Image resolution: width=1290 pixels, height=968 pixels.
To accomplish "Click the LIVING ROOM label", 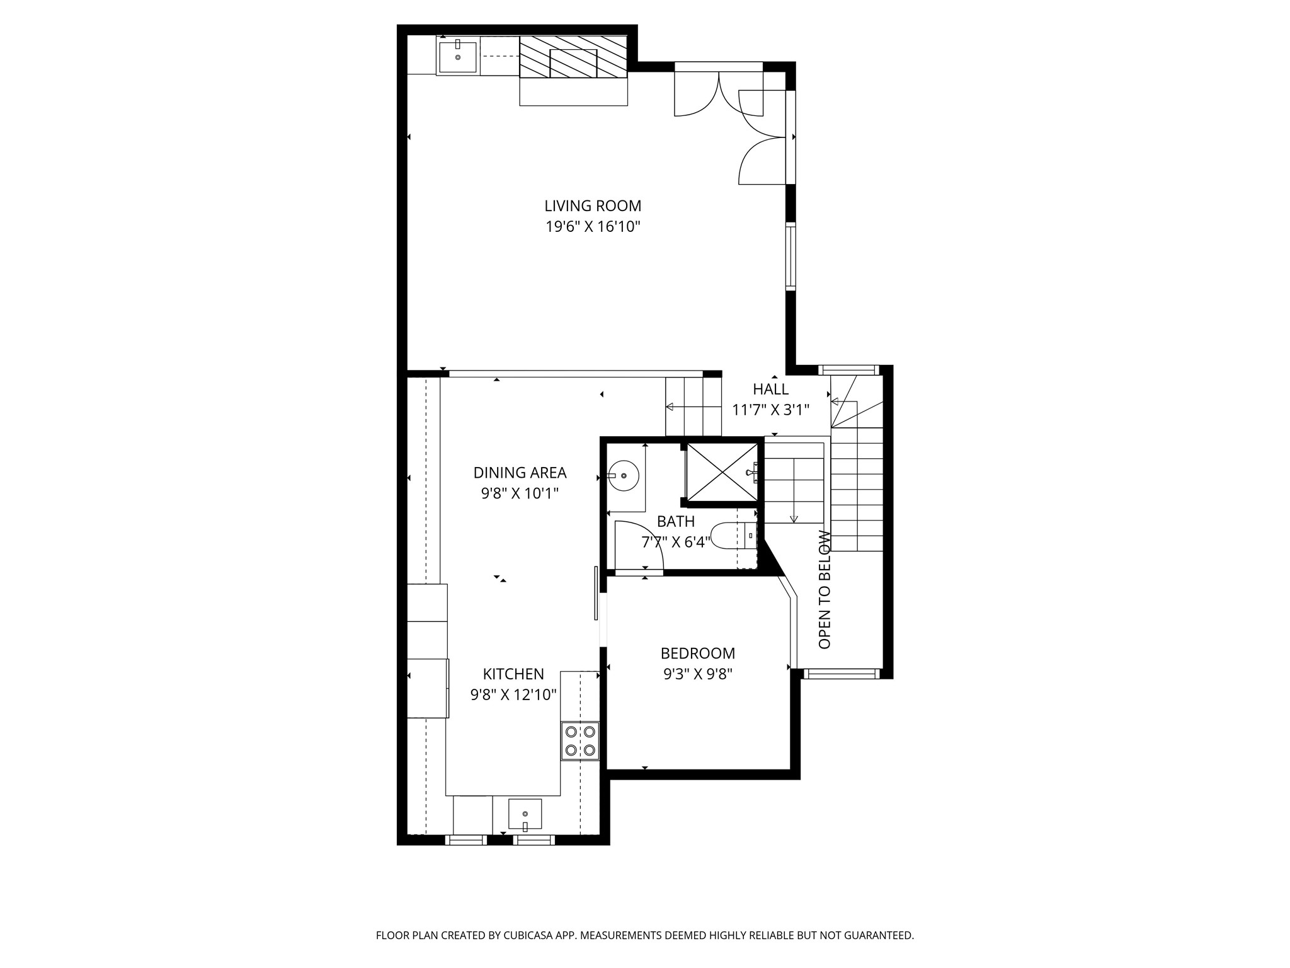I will (x=593, y=205).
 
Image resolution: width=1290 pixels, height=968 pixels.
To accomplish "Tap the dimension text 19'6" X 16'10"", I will (x=593, y=226).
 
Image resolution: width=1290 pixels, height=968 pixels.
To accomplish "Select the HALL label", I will (x=770, y=389).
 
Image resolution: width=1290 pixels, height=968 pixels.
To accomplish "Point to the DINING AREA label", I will (x=520, y=472).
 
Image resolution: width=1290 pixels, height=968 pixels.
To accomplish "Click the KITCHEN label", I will (x=513, y=674).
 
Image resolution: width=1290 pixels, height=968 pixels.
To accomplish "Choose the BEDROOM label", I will (x=697, y=653).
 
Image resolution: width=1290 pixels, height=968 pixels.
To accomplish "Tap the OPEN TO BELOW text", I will (x=825, y=590).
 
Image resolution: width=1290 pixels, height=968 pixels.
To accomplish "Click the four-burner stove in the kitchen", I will (x=579, y=740).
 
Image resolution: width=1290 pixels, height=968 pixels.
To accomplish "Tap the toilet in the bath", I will (x=731, y=535).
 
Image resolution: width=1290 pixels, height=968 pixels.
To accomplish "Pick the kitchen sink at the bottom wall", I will (x=525, y=814).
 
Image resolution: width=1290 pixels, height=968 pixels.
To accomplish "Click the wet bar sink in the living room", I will (x=458, y=57).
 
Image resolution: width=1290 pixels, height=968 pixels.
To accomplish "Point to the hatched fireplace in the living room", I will (x=573, y=57).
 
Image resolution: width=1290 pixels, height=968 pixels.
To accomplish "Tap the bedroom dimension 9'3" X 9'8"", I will (x=697, y=674).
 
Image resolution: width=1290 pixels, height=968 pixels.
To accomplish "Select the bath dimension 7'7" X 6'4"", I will (x=676, y=541).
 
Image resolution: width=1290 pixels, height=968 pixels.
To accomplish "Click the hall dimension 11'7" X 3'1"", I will (x=770, y=410).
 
